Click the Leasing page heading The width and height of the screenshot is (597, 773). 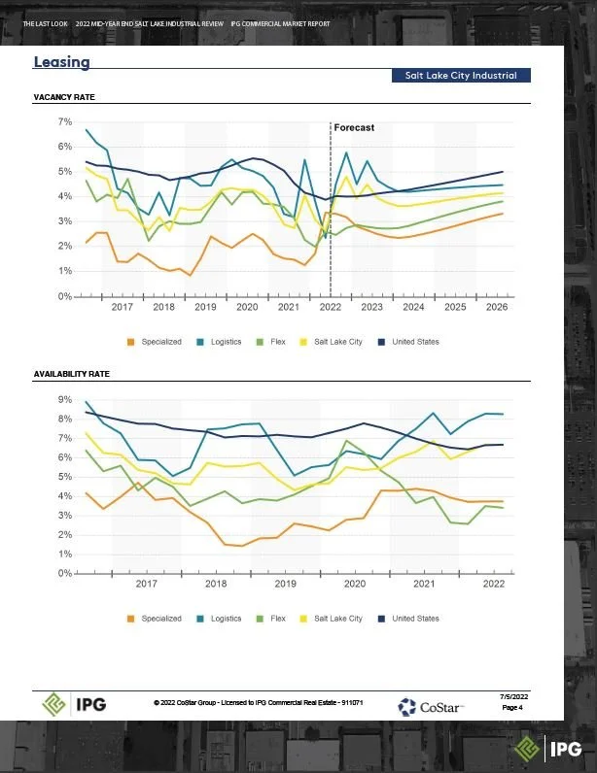[61, 62]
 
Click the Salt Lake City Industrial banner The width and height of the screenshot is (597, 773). [461, 76]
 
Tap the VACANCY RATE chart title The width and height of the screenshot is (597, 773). [64, 98]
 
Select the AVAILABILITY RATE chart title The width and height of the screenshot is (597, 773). [72, 373]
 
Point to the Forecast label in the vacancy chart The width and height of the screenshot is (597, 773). [354, 127]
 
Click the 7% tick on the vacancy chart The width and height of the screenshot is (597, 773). [66, 121]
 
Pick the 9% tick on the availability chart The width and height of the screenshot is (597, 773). [66, 399]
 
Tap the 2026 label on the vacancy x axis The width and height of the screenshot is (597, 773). [496, 307]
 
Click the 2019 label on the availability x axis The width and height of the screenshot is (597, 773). [285, 584]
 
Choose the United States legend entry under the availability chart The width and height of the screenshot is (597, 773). [414, 619]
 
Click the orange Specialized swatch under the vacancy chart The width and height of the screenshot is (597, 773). [130, 342]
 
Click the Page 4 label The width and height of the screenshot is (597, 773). [512, 708]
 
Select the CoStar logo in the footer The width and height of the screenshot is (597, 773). [431, 704]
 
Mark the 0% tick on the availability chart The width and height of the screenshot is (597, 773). [66, 573]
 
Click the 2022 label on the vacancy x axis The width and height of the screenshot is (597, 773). [330, 307]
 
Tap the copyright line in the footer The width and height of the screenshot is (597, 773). [258, 702]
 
